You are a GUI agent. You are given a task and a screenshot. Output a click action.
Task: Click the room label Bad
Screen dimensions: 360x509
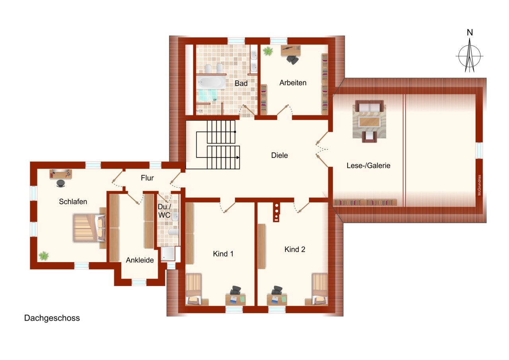[241, 84]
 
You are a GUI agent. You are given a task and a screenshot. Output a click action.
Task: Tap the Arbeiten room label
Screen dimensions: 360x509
[293, 83]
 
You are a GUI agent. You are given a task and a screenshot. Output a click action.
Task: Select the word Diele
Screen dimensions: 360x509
[279, 156]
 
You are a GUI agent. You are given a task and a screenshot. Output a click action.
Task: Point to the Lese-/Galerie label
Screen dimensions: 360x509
[368, 165]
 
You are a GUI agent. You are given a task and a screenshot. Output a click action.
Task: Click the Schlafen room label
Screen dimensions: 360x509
[73, 202]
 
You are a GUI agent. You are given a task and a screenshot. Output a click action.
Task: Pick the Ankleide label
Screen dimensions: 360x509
[140, 260]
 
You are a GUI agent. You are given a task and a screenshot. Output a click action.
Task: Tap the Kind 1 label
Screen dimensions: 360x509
[223, 253]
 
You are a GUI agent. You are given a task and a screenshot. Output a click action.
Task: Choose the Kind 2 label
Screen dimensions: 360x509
[295, 249]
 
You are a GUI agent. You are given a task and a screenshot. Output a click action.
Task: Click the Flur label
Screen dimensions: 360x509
[147, 178]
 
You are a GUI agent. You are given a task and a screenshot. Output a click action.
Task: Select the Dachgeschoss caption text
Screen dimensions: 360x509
[52, 318]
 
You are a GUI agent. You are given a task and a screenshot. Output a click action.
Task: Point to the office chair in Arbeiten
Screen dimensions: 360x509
[293, 60]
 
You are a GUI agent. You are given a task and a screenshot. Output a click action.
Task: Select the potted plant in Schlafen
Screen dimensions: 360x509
[43, 255]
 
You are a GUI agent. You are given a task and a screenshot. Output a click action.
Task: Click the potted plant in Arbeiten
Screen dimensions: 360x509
[268, 51]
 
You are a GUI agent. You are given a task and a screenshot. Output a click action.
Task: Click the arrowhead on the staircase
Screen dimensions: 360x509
[238, 158]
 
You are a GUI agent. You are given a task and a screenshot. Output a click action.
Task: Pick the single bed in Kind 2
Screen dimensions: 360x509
[319, 289]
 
